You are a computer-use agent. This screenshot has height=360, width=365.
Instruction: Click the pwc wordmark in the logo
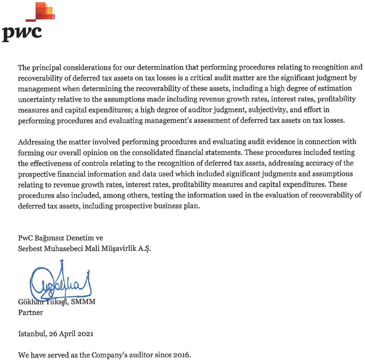click(x=21, y=34)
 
